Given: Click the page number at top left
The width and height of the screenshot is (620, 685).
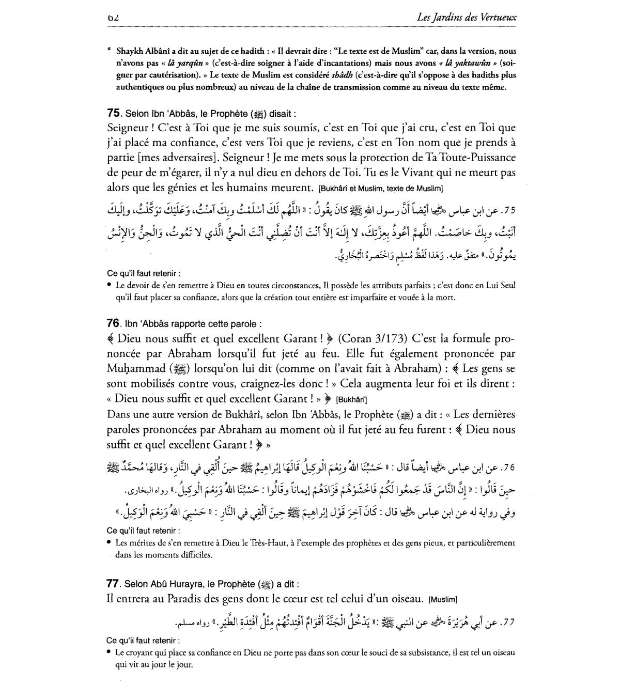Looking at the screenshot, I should pos(114,18).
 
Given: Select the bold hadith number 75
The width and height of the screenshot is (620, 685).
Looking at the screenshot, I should pos(113,113).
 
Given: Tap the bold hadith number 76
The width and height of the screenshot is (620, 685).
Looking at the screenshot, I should pos(113,323).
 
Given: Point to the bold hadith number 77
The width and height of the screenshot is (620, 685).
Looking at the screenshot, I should pos(113,584).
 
